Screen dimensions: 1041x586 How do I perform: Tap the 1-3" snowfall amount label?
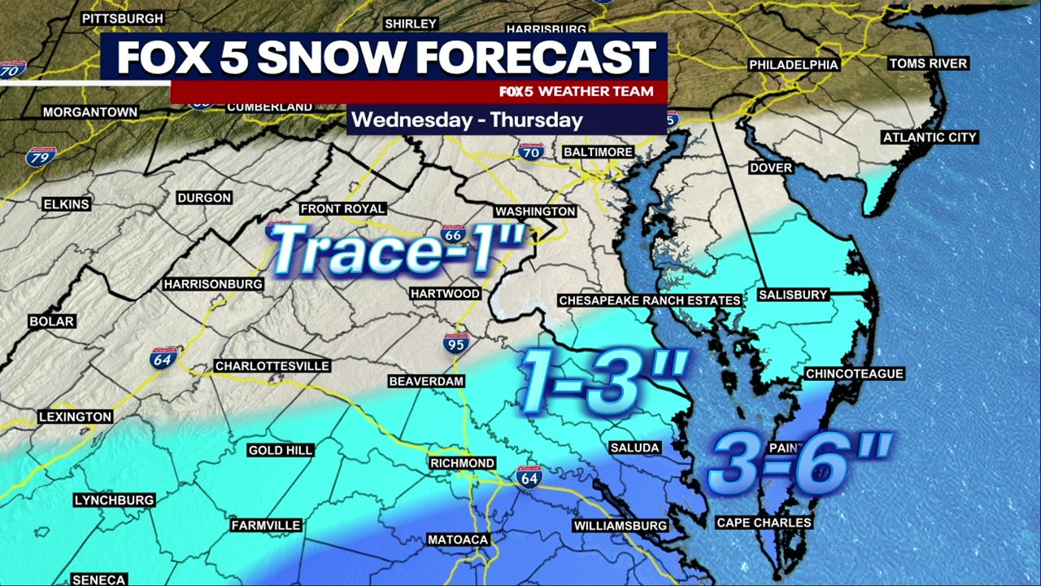click(x=603, y=381)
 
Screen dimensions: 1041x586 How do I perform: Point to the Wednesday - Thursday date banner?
click(x=467, y=120)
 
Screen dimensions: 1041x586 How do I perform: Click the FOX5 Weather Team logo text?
click(x=577, y=92)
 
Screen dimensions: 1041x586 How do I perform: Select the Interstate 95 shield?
click(x=456, y=343)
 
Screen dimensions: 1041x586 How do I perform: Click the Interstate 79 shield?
click(x=41, y=155)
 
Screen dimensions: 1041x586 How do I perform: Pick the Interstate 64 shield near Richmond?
click(x=528, y=477)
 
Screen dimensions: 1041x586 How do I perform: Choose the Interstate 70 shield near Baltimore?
click(x=530, y=151)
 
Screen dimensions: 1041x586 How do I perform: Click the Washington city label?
click(x=535, y=212)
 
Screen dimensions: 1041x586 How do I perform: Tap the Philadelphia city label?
click(x=793, y=64)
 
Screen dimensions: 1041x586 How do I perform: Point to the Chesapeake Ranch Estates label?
click(x=650, y=301)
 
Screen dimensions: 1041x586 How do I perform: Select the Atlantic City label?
click(x=930, y=138)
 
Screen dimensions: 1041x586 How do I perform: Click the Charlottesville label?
click(x=272, y=366)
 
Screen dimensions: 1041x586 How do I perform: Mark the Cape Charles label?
click(x=764, y=523)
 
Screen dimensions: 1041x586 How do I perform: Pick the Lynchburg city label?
click(x=114, y=500)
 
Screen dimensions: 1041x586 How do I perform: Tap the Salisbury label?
click(x=792, y=295)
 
